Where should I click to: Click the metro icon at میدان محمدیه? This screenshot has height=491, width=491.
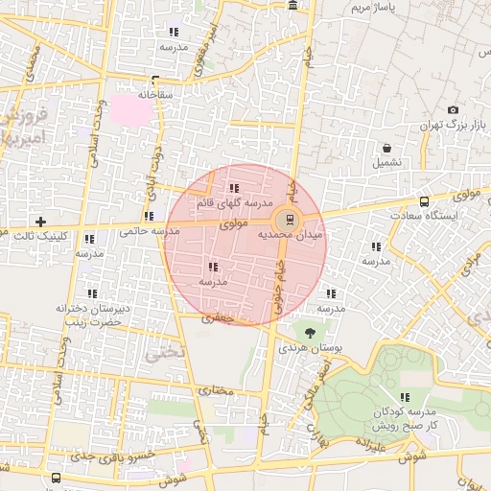click(292, 217)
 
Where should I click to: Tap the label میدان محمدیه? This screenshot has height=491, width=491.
click(292, 233)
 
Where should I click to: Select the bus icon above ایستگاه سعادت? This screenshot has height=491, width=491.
click(424, 201)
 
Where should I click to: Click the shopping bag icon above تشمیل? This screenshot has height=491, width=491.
click(386, 149)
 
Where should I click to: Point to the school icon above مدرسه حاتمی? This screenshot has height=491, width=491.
click(147, 216)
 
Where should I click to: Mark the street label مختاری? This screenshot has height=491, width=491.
click(215, 391)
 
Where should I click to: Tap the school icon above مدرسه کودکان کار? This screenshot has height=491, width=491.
click(405, 396)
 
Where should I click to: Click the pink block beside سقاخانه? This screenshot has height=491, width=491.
click(134, 110)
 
